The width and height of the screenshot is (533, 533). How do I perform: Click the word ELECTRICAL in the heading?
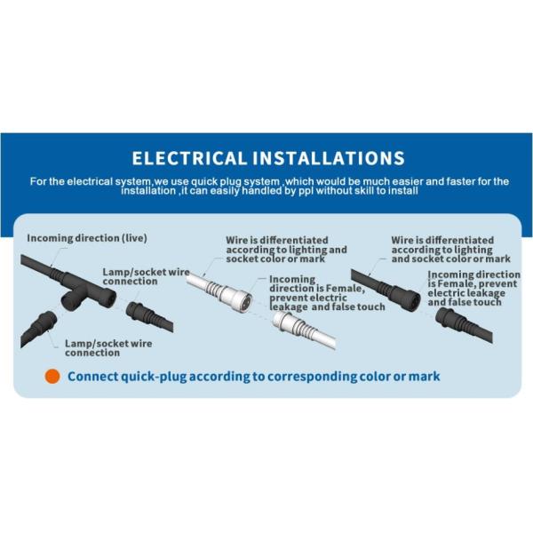[189, 158]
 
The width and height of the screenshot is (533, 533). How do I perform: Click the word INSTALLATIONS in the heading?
[329, 158]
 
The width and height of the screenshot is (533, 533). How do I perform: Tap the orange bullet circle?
[52, 377]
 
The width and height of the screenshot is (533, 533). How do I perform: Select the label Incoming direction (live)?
[87, 238]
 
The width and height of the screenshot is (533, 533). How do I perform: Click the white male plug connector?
[289, 323]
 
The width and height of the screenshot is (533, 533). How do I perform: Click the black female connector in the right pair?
[402, 297]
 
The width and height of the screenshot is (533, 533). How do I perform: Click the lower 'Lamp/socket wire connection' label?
[108, 347]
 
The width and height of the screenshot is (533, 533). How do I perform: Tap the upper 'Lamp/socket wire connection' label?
[147, 276]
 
